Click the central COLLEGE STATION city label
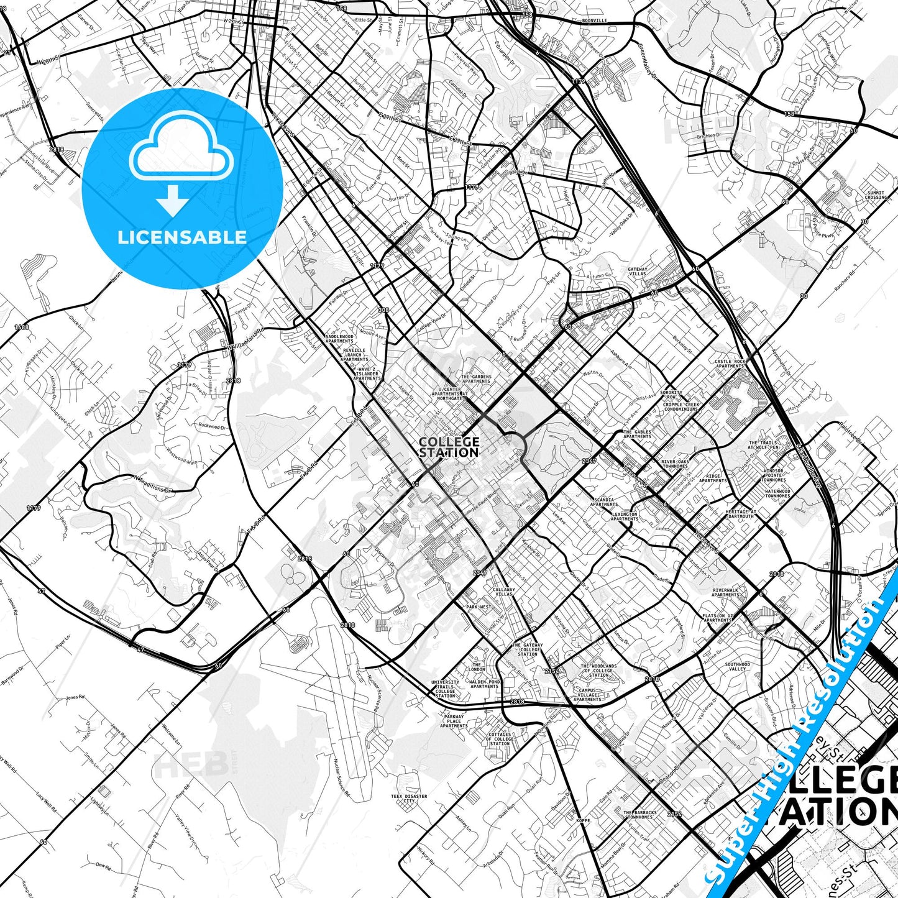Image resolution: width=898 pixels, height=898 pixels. pos(449,447)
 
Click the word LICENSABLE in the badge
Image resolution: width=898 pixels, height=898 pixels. pos(182,237)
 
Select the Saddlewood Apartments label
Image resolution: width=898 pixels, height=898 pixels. pos(339,339)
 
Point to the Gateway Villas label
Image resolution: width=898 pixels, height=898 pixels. pos(638,272)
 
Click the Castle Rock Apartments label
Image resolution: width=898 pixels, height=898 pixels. pos(730,364)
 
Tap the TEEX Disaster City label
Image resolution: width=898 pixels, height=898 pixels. pos(408,799)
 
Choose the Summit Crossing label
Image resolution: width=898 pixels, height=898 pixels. pos(876,195)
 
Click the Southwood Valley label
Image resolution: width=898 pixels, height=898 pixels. pos(737,667)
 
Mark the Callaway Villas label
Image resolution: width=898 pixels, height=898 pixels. pos(504,592)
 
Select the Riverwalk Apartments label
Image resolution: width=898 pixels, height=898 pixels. pos(725,592)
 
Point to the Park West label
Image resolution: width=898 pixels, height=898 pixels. pos(479,607)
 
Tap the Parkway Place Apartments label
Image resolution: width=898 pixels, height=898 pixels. pos(454,721)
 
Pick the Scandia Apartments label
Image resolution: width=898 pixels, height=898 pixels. pos(604,502)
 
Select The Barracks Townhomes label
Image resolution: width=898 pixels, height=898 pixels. pos(639,815)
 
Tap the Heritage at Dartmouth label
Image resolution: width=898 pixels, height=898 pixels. pos(740,514)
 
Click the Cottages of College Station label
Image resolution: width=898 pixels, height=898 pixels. pos(500,739)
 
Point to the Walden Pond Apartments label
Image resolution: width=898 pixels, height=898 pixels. pos(485,684)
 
